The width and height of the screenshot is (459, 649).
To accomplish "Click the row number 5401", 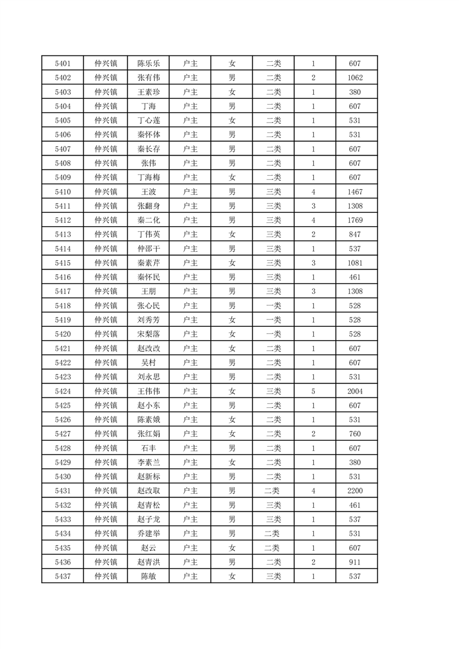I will tap(63, 64).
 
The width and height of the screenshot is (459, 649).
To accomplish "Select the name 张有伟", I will tap(149, 78).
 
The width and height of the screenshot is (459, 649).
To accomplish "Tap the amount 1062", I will tap(355, 78).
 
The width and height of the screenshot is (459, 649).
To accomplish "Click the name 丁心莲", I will tap(149, 121).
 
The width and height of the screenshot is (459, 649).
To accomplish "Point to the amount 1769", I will tap(355, 220).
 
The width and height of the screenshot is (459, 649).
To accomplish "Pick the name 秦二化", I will tap(149, 220).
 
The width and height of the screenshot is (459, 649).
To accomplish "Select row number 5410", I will tap(63, 192).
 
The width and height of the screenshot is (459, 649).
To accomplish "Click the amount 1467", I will tap(355, 192).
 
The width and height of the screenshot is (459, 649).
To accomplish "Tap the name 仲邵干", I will tap(149, 249).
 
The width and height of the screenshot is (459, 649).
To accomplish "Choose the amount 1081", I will tap(355, 263).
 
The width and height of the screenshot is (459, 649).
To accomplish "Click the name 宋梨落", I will tap(149, 334).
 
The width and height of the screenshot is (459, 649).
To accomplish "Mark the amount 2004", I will tap(355, 392).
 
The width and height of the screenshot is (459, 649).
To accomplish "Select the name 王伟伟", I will tap(149, 392).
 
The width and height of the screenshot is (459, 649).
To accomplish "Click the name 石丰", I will tap(149, 448).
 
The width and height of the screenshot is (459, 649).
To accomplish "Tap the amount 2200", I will tap(355, 491).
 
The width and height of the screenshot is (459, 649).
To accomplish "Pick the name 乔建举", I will tap(149, 534).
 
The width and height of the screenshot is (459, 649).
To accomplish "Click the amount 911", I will tap(355, 562).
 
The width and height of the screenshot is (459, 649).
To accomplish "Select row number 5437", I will tap(63, 577).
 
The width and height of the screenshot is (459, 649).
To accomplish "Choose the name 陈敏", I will tap(149, 577).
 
